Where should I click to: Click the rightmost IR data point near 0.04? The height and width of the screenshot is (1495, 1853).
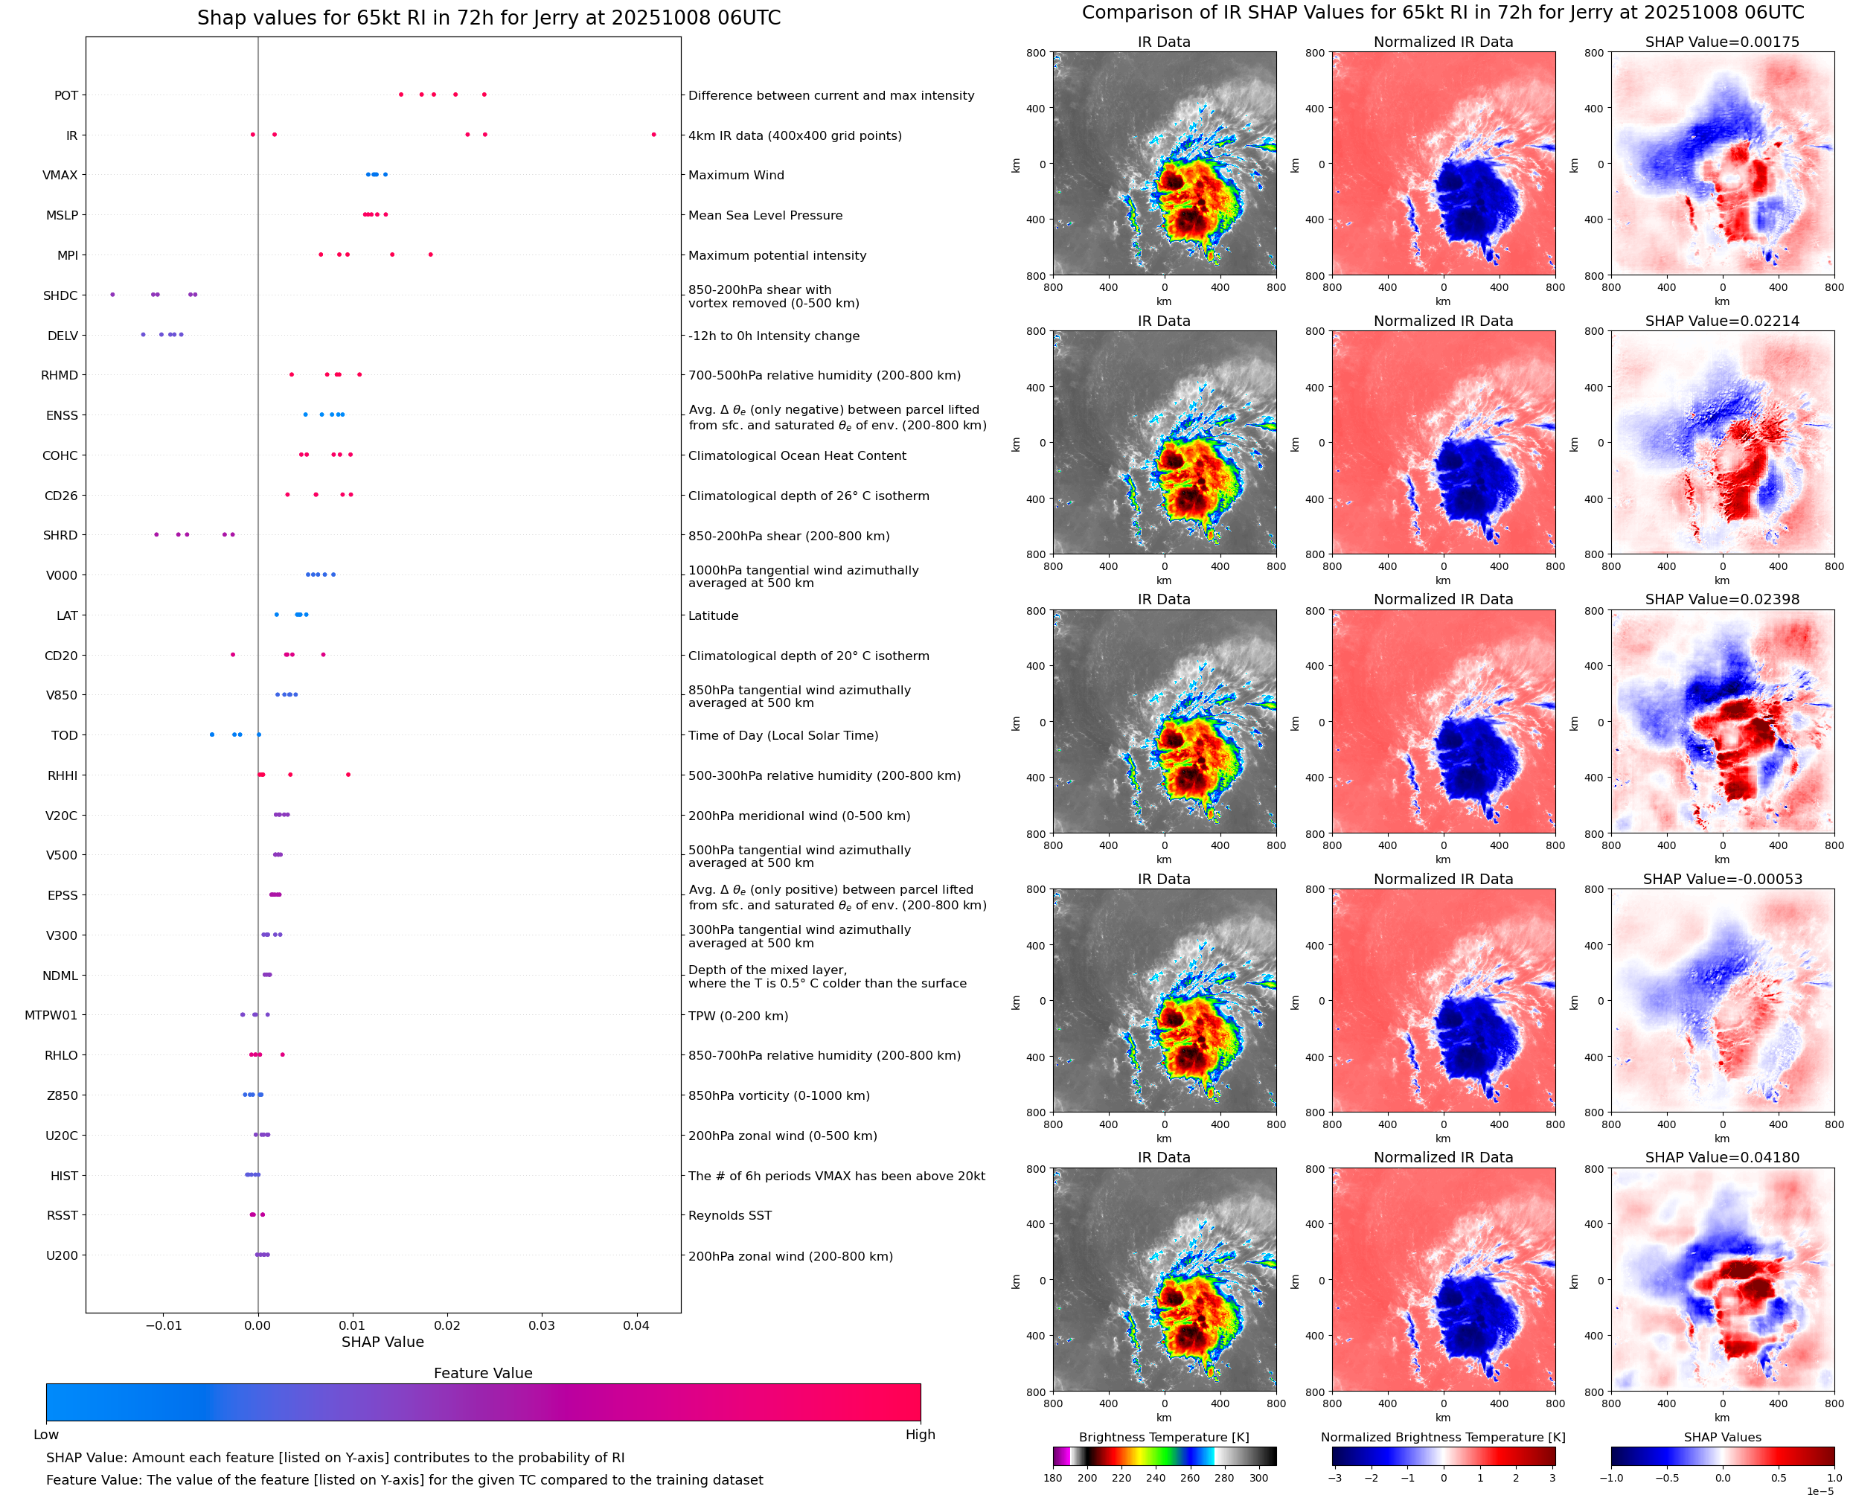click(653, 135)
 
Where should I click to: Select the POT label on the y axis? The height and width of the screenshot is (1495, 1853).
click(66, 95)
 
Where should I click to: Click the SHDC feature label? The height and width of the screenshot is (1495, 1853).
click(60, 295)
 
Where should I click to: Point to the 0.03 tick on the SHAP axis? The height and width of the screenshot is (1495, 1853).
click(542, 1325)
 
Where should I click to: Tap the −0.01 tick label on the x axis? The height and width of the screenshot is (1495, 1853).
click(163, 1325)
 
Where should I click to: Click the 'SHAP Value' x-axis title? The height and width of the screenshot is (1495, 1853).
click(383, 1342)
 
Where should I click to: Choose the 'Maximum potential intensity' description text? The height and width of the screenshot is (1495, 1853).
click(777, 256)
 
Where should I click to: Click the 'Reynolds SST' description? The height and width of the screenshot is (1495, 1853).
click(729, 1215)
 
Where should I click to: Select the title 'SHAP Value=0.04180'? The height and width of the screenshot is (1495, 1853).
click(1721, 1157)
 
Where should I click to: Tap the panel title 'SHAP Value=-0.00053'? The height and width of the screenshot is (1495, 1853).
click(1721, 880)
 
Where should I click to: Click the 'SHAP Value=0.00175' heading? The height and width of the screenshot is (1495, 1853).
click(1721, 42)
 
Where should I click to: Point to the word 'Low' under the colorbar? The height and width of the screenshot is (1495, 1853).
click(45, 1435)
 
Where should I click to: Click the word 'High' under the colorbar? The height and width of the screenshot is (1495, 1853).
click(920, 1435)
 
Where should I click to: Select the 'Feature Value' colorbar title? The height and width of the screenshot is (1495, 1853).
click(482, 1374)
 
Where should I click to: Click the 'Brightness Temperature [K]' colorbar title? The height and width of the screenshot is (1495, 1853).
click(1163, 1437)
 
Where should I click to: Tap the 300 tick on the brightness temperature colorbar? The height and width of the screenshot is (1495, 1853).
click(1259, 1478)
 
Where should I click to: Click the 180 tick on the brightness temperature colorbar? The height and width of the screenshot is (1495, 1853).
click(1052, 1478)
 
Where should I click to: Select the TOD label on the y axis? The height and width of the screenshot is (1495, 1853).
click(65, 735)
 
